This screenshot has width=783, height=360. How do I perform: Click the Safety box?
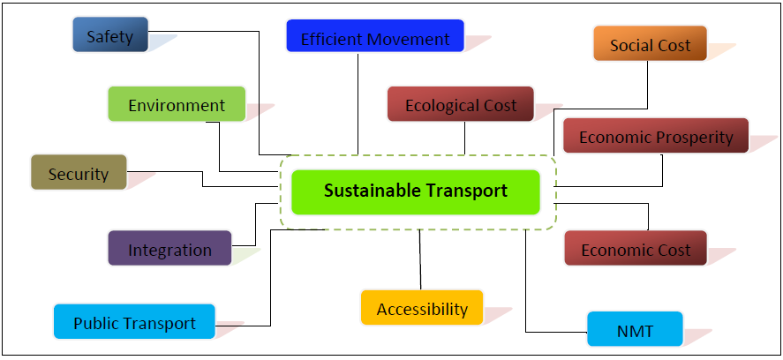(x=110, y=35)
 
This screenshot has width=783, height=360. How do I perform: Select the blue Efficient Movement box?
(x=375, y=37)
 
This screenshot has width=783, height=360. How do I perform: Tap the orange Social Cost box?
(x=650, y=44)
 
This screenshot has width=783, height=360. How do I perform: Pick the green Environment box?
(x=177, y=104)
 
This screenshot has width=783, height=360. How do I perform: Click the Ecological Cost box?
(x=461, y=104)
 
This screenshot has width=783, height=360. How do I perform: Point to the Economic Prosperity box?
(x=656, y=136)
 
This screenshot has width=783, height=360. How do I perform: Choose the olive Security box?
(x=79, y=173)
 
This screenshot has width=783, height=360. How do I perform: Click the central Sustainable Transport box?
(x=415, y=191)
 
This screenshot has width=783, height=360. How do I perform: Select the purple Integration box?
(x=169, y=249)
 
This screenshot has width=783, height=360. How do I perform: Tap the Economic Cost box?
(x=636, y=249)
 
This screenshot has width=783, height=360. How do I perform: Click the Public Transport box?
(x=134, y=322)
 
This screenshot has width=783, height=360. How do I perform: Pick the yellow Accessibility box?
(x=422, y=308)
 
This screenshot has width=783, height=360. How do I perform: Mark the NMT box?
(x=636, y=330)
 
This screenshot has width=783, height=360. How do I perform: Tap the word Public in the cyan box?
(x=94, y=323)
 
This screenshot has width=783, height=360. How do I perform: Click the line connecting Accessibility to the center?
(x=420, y=260)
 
